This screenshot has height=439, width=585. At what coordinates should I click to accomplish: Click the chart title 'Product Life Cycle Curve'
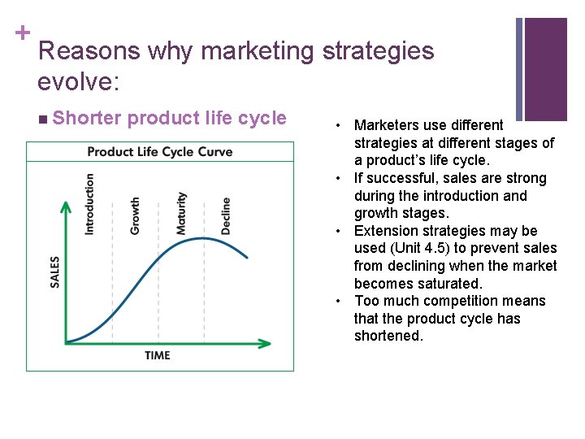click(x=159, y=151)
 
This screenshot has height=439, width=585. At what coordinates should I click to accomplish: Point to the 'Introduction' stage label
click(x=89, y=204)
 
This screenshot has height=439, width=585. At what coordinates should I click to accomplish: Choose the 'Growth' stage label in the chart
click(x=135, y=215)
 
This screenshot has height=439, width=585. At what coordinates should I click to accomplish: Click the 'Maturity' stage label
click(x=181, y=213)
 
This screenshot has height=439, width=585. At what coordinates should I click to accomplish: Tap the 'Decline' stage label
click(x=226, y=215)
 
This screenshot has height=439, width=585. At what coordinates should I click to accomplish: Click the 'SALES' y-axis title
click(x=55, y=271)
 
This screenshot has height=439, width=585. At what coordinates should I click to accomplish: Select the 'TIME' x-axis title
click(x=158, y=354)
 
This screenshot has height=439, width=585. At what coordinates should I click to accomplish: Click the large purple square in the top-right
click(x=545, y=69)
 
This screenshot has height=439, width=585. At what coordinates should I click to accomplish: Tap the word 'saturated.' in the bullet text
click(x=451, y=284)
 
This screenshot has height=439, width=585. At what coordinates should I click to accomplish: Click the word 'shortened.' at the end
click(x=388, y=336)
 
